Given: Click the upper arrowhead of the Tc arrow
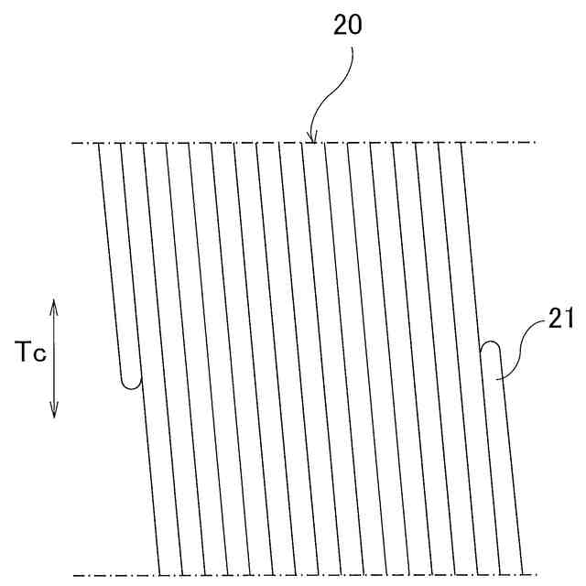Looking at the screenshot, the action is click(x=53, y=303).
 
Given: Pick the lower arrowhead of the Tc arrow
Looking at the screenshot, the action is click(x=53, y=413).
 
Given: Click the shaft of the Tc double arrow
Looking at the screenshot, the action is click(x=53, y=357).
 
